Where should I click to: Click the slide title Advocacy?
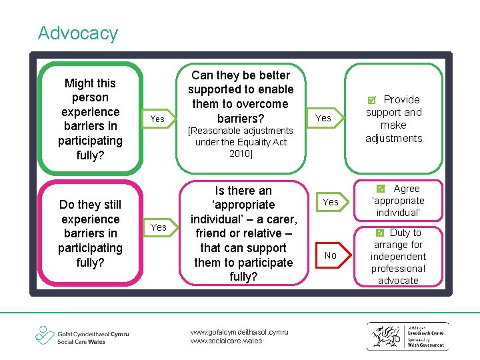(78, 33)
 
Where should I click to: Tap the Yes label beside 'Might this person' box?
(157, 119)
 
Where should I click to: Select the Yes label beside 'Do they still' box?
(159, 227)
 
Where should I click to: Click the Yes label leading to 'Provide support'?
(323, 118)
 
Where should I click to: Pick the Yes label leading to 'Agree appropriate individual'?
(331, 202)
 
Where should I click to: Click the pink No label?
(331, 255)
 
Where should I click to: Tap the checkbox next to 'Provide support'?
(372, 100)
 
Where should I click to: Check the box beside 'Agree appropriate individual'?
(381, 189)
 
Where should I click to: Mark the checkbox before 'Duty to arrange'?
(379, 233)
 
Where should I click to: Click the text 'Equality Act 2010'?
(241, 147)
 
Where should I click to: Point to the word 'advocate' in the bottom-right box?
(398, 281)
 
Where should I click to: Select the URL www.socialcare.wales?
(226, 341)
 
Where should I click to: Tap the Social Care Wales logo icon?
(45, 335)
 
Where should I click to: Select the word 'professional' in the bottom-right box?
(398, 269)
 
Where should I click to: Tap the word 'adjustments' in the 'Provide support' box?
(394, 138)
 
